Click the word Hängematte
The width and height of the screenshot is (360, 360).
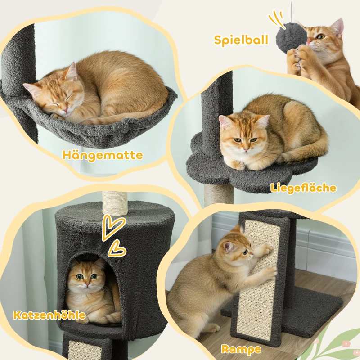(x=103, y=156)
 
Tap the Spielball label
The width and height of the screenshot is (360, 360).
(x=241, y=40)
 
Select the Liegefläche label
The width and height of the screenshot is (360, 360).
(x=303, y=188)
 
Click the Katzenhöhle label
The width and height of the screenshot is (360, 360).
(x=49, y=315)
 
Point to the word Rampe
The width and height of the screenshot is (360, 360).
(x=241, y=349)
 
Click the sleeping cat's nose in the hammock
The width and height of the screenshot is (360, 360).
(x=64, y=108)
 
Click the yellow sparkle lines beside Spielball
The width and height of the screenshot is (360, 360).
(x=274, y=20)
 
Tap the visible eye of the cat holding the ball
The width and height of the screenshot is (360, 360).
(x=321, y=36)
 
